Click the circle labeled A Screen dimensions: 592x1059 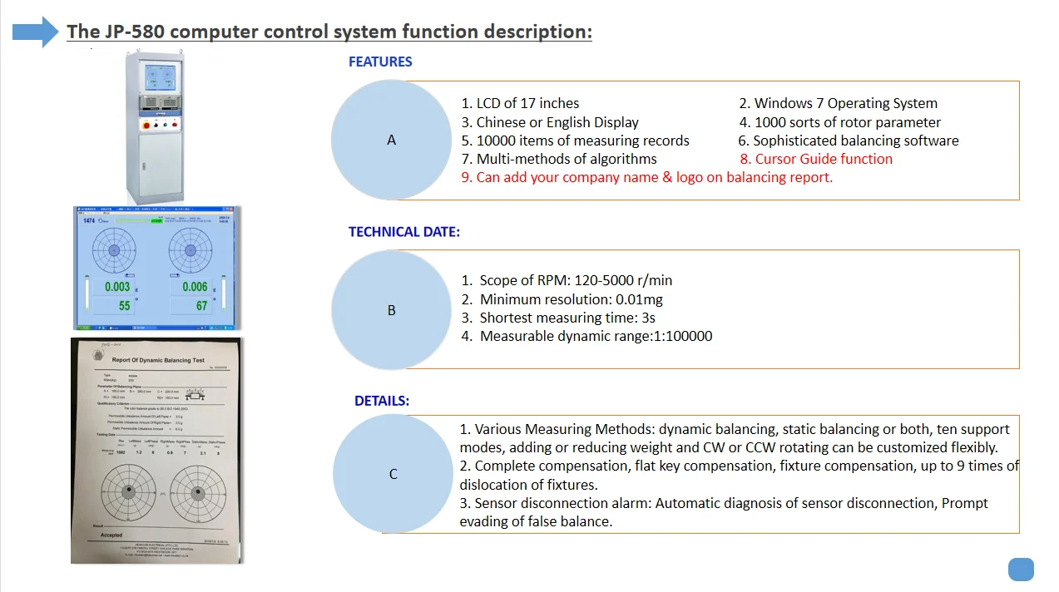pyautogui.click(x=392, y=140)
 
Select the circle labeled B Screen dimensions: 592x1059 pyautogui.click(x=392, y=310)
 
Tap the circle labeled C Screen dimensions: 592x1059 pyautogui.click(x=393, y=474)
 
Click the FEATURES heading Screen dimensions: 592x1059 pyautogui.click(x=380, y=62)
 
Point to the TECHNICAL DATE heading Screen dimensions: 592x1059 pyautogui.click(x=403, y=232)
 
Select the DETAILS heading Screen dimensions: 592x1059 pyautogui.click(x=382, y=401)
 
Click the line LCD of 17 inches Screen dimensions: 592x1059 pyautogui.click(x=520, y=104)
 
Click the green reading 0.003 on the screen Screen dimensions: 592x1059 pyautogui.click(x=117, y=287)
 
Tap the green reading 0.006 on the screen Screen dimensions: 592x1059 pyautogui.click(x=194, y=287)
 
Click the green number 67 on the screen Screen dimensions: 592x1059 pyautogui.click(x=201, y=306)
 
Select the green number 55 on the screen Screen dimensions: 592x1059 pyautogui.click(x=125, y=306)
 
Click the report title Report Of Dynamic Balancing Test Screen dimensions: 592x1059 pyautogui.click(x=157, y=360)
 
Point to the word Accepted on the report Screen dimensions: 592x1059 pyautogui.click(x=111, y=535)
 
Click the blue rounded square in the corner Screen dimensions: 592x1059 pyautogui.click(x=1021, y=570)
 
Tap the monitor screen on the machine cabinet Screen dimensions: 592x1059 pyautogui.click(x=160, y=77)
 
